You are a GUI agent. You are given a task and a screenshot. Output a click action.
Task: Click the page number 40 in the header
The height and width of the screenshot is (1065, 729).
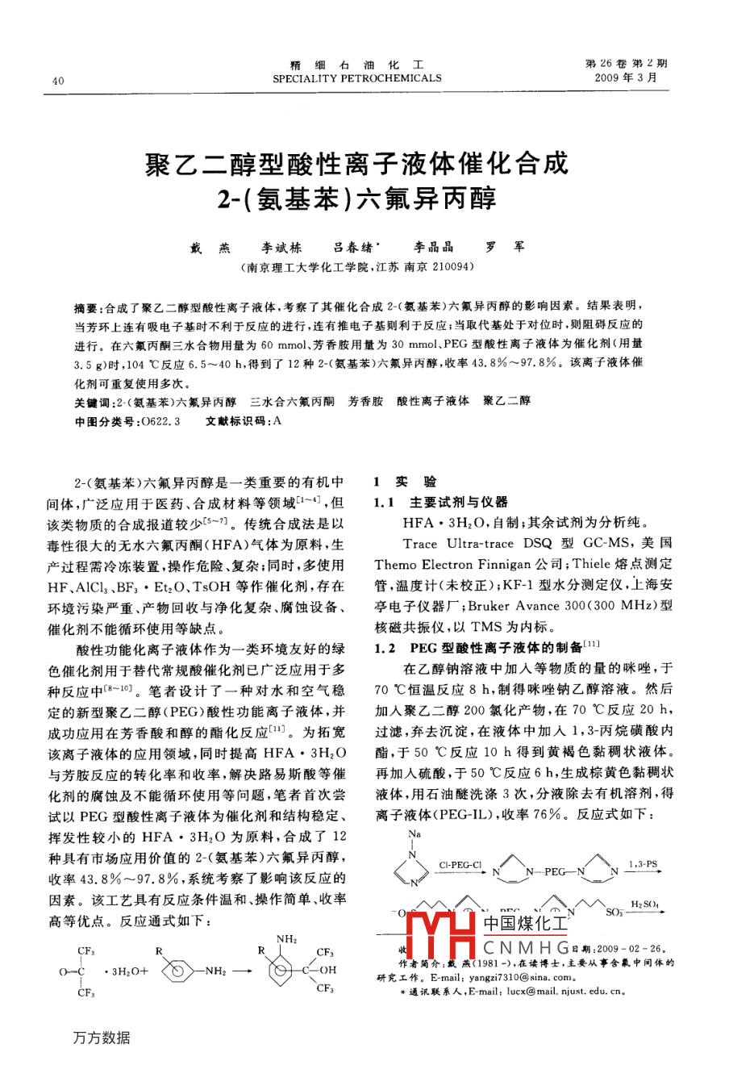click(x=57, y=80)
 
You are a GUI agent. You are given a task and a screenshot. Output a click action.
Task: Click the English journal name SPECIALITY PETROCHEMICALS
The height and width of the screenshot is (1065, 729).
click(x=356, y=78)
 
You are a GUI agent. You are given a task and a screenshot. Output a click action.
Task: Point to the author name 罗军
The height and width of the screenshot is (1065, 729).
click(x=503, y=247)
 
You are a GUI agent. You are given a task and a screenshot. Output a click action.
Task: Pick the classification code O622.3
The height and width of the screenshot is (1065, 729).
click(x=160, y=421)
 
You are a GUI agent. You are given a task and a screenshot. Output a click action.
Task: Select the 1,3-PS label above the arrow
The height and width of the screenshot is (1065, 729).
click(x=643, y=865)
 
